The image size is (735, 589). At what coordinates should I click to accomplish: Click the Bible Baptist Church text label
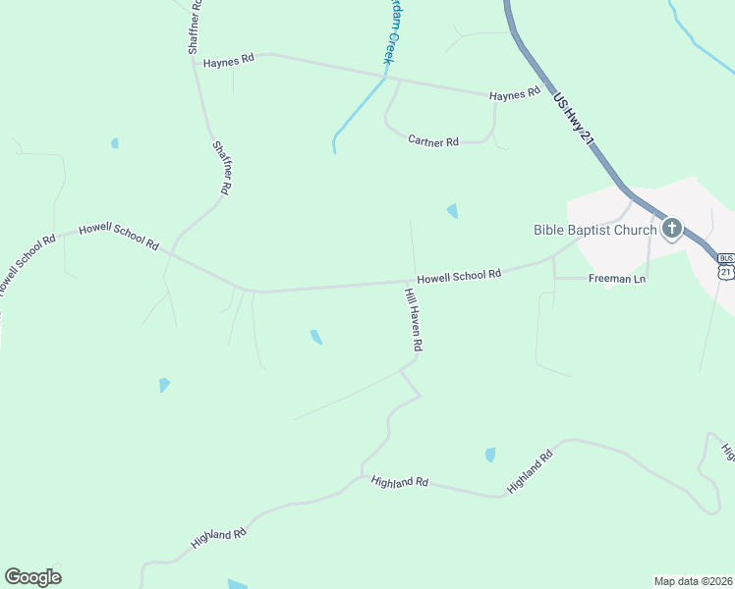(594, 230)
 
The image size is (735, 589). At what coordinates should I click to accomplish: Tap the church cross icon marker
(672, 230)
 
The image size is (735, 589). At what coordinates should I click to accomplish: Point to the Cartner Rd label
(433, 141)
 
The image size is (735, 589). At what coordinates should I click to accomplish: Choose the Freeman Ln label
(617, 279)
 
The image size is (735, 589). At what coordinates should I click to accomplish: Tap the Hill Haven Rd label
(414, 320)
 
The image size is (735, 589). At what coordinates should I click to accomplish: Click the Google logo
(32, 577)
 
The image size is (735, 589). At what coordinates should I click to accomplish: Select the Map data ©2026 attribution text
(693, 580)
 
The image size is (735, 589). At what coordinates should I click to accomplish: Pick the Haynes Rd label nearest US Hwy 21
(515, 93)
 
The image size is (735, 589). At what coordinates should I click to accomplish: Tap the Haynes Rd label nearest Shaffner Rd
(229, 60)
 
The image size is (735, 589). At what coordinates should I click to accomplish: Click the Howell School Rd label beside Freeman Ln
(459, 276)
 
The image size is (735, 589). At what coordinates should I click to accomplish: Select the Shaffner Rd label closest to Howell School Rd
(222, 167)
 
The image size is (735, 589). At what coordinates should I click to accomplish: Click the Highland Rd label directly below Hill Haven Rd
(400, 482)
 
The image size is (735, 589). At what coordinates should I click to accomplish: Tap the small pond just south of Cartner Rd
(453, 210)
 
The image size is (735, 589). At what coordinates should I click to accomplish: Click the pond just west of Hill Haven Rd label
(315, 337)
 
